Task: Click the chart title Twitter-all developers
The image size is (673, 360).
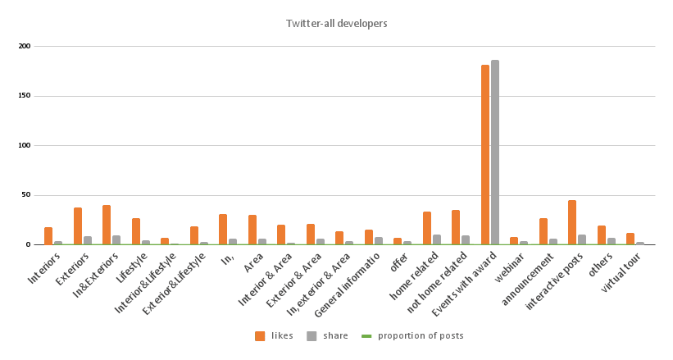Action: coord(336,24)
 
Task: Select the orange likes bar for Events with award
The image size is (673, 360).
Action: coord(484,155)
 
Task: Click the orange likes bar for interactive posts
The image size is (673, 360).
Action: coord(572,223)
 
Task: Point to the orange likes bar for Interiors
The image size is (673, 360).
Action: coord(48,236)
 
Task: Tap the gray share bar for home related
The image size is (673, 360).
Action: coord(437,240)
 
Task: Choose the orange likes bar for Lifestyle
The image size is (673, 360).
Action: coord(136,232)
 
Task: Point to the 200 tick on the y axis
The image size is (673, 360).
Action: coord(25,46)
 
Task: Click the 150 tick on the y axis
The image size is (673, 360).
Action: coord(25,96)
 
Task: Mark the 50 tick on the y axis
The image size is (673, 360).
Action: coord(26,195)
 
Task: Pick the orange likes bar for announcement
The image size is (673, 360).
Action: coord(543,232)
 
